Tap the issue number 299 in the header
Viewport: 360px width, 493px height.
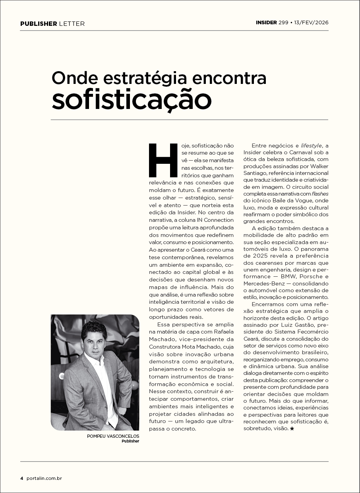tap(283, 23)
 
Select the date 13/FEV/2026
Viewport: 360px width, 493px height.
tap(312, 23)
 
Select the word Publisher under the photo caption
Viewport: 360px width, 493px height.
tap(130, 441)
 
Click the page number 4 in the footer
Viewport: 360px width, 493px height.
tap(22, 478)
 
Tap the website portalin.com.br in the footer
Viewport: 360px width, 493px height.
tap(45, 478)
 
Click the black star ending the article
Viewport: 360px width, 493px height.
tap(292, 429)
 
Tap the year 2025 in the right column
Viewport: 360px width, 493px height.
tap(265, 255)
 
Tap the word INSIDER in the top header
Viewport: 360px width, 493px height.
tap(266, 23)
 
